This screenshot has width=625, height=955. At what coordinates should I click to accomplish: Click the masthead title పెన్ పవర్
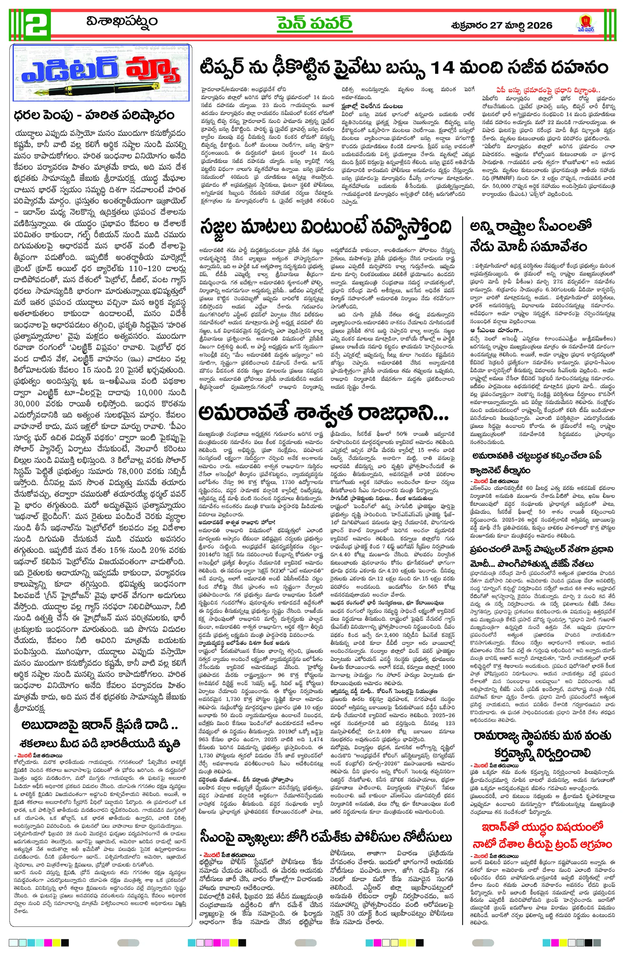pos(314,23)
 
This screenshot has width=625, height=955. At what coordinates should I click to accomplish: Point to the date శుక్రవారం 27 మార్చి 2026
pos(502,25)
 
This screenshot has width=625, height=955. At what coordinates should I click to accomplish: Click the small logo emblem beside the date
pos(584,25)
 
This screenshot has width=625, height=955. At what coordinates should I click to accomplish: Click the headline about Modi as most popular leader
pos(542,556)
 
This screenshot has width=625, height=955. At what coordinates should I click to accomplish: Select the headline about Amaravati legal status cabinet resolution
pos(536,463)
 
